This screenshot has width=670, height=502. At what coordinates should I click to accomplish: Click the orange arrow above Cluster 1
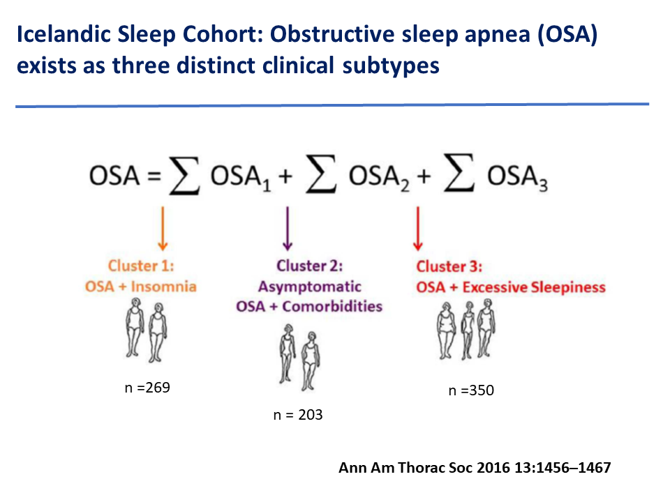[163, 229]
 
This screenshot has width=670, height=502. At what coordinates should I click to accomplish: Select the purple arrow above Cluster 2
[288, 229]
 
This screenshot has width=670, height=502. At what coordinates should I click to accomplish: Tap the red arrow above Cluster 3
[418, 229]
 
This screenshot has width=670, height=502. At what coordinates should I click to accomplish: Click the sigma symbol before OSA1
[184, 176]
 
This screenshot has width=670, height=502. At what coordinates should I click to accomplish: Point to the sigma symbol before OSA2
[321, 174]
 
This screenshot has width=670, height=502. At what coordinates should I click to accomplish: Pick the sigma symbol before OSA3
[459, 172]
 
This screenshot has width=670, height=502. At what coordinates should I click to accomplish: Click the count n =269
[147, 388]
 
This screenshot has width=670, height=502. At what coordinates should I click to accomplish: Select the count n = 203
[298, 415]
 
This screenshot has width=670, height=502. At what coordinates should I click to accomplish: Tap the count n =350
[471, 390]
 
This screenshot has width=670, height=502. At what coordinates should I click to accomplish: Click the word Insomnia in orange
[163, 287]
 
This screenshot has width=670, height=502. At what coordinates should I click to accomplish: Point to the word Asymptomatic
[310, 287]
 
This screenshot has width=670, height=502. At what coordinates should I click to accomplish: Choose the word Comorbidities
[332, 307]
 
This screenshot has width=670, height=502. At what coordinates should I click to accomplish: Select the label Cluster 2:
[309, 266]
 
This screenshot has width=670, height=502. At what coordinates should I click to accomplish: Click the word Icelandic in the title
[64, 34]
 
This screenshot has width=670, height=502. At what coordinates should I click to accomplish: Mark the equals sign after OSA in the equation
[154, 176]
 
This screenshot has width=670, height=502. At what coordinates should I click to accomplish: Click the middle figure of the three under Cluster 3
[468, 330]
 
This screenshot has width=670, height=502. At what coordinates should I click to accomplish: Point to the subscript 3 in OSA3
[543, 185]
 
